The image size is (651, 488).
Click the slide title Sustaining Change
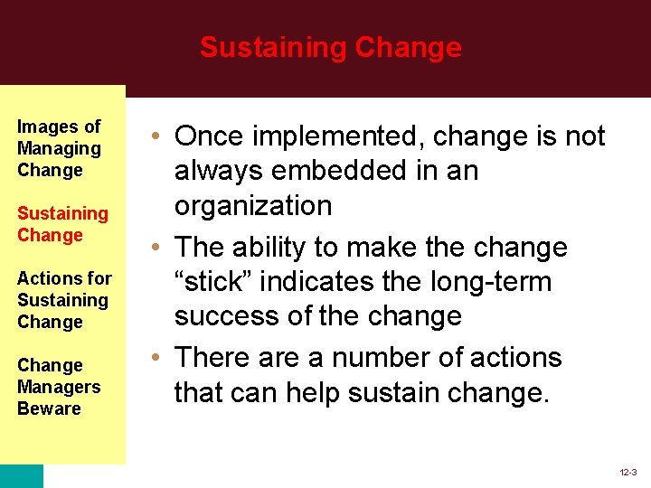click(x=330, y=47)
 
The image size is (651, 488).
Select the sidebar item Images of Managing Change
click(x=59, y=148)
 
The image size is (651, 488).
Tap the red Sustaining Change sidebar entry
click(x=62, y=224)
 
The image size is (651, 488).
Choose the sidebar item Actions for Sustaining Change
click(x=63, y=300)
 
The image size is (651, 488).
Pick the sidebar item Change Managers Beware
click(x=59, y=387)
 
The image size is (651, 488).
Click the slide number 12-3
click(x=627, y=473)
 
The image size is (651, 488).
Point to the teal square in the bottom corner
click(x=21, y=476)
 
